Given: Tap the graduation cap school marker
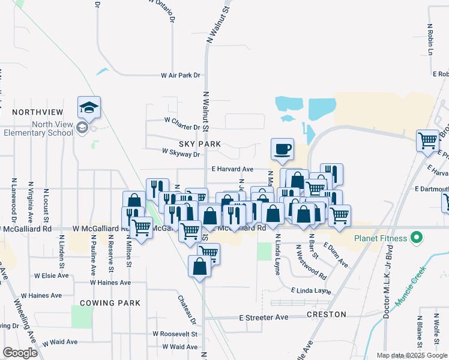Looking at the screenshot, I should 89,109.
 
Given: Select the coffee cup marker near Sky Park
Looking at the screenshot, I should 282,149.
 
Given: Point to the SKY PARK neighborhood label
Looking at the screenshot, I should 200,145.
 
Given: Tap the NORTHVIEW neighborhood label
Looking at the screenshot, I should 37,112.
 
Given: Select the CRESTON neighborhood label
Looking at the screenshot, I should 327,314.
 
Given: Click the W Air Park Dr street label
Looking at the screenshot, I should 180,76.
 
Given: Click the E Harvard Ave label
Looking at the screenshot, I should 232,169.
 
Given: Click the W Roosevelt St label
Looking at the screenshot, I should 175,334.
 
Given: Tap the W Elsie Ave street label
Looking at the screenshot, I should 52,276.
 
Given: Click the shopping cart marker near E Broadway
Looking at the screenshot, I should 428,142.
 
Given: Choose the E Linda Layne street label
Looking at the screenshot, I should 311,291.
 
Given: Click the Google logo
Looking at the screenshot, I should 20,353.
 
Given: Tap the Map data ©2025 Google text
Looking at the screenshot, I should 411,355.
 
